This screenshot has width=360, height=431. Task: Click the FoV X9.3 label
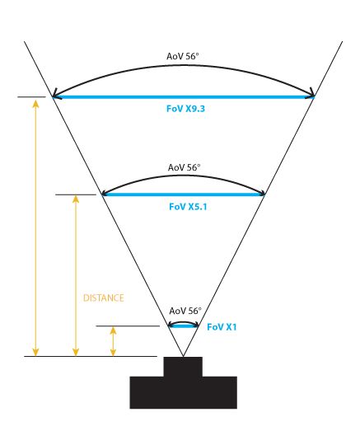tap(185, 109)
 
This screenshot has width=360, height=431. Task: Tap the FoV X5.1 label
tap(188, 206)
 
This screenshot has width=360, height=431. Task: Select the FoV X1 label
tap(222, 327)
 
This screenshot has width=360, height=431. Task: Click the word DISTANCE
tap(103, 298)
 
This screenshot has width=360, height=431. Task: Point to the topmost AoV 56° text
tap(183, 56)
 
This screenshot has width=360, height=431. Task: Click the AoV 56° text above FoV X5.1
tap(185, 167)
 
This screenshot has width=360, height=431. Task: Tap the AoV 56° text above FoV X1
tap(185, 311)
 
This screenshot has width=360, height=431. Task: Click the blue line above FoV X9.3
tap(184, 96)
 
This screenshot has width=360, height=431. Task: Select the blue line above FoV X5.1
tap(184, 194)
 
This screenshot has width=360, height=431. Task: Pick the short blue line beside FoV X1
tap(184, 326)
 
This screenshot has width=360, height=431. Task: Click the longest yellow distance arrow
tap(35, 228)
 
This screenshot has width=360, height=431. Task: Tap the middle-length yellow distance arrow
tap(76, 276)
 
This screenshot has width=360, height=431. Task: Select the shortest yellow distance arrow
tap(113, 341)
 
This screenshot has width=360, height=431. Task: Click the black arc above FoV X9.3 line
tap(184, 65)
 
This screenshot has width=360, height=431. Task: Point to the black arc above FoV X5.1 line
tap(184, 176)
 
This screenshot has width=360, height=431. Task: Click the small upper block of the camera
tap(183, 367)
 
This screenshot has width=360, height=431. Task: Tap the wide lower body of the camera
tap(184, 392)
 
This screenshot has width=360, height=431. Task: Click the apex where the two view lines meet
tap(183, 357)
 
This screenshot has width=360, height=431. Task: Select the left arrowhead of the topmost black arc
tap(54, 93)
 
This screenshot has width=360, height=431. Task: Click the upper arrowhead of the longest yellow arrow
tap(35, 103)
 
